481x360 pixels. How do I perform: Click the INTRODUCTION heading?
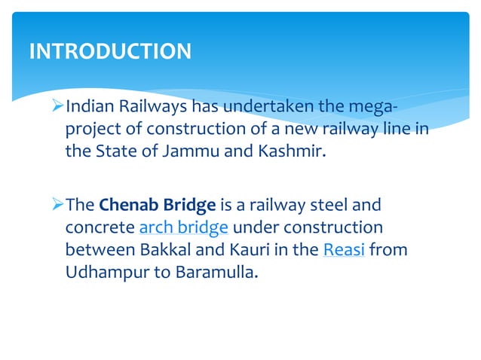coord(110,51)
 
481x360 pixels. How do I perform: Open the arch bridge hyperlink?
coord(184,227)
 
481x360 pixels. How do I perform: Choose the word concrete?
coord(99,227)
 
